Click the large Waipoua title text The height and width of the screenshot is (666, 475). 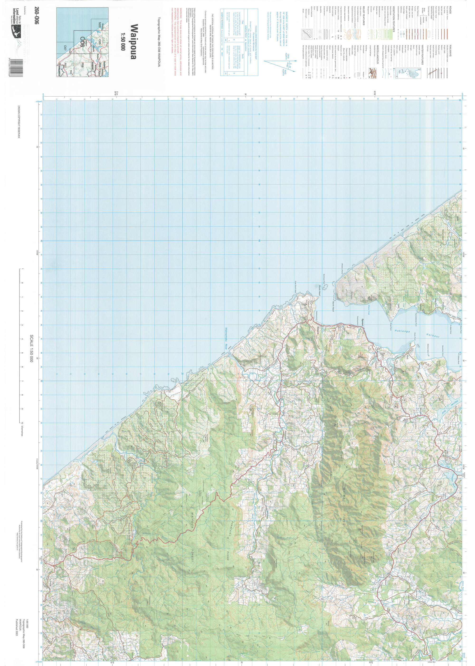133,41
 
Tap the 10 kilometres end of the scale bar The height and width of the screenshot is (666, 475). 22,429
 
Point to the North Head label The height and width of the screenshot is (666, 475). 333,306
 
